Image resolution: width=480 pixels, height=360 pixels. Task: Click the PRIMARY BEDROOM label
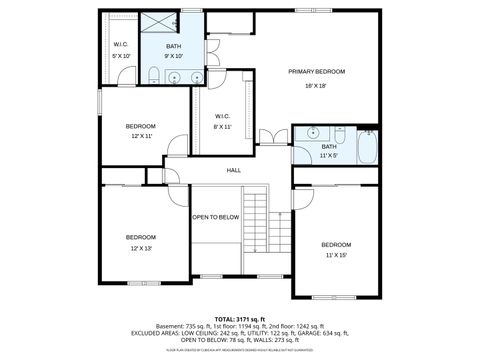coord(316,72)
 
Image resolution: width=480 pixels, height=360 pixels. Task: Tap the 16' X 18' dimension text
coord(316,86)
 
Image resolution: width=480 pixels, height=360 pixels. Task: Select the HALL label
coord(234,170)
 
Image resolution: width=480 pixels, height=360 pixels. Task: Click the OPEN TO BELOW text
coord(216,217)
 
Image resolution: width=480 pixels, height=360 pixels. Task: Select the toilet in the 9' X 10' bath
coord(150,78)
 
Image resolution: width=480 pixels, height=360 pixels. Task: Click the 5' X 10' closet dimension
coord(121,56)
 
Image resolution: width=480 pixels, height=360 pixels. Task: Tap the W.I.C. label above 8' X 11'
coord(222,116)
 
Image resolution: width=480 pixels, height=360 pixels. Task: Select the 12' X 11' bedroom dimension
coord(140,136)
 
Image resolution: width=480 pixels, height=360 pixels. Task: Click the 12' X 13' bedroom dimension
coord(140,248)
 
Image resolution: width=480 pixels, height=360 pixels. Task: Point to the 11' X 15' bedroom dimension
coord(335,256)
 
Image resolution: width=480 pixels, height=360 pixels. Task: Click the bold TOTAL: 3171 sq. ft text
coord(240,317)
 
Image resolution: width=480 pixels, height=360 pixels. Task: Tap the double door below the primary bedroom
coord(268,137)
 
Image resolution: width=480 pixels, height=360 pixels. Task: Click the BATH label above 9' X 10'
coord(174,47)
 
